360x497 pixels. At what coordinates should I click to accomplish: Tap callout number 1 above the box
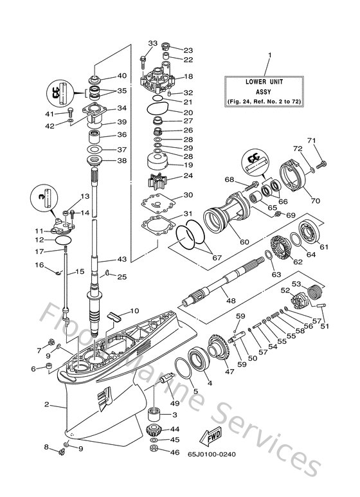[x=269, y=56]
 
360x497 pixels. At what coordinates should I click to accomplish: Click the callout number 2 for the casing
[x=46, y=405]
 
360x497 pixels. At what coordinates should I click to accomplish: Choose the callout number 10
[x=134, y=311]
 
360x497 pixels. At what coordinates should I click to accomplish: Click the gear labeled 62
[x=280, y=249]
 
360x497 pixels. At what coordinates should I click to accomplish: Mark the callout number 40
[x=122, y=76]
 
